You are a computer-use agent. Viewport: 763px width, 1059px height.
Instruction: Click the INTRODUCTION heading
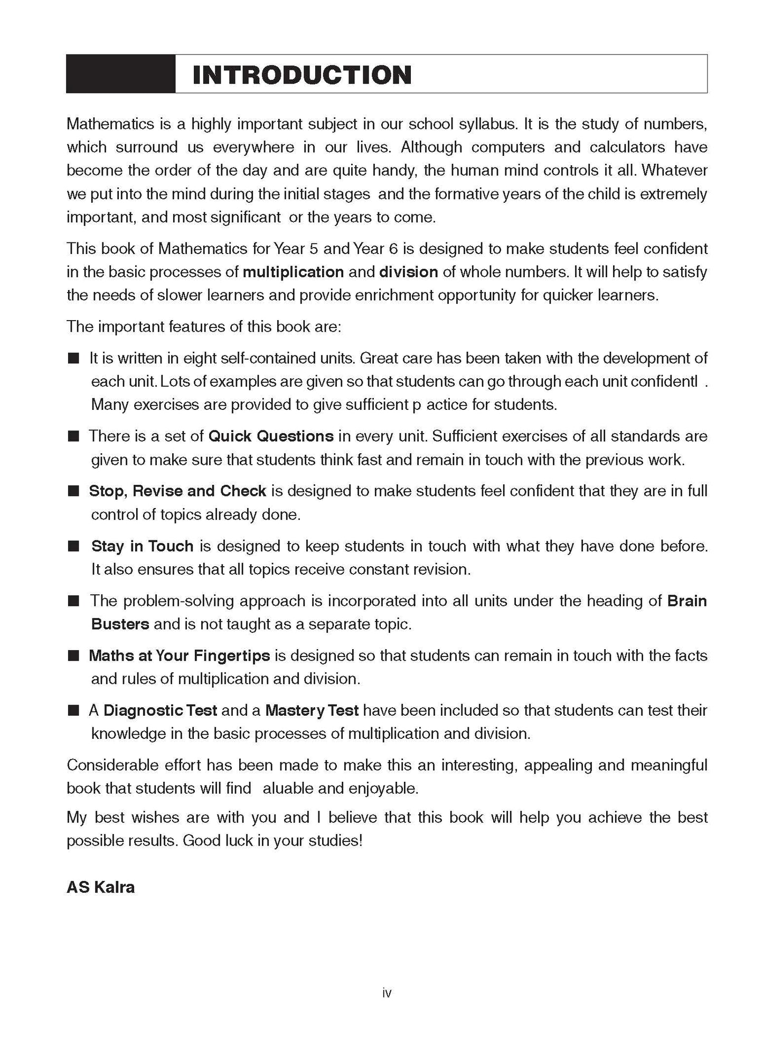coord(302,74)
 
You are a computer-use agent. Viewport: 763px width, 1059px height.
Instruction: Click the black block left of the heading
coord(120,74)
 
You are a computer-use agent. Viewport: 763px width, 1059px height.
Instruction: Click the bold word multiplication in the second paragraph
coord(293,272)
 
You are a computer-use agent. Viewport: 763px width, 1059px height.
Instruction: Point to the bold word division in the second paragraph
coord(408,272)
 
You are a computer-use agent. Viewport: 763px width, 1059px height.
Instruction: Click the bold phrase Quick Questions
coord(271,436)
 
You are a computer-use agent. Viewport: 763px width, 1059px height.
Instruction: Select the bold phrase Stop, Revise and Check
coord(177,491)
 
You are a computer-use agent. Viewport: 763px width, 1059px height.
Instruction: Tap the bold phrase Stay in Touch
coord(142,546)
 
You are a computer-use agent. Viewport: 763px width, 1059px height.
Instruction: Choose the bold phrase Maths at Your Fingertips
coord(180,655)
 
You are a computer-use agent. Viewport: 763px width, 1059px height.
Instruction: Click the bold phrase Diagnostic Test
coord(160,710)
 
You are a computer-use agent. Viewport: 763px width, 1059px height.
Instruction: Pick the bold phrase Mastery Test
coord(312,710)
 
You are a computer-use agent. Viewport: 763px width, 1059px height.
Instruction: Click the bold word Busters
coord(120,624)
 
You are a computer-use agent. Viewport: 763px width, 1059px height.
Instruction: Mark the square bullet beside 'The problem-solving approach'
coord(73,601)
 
